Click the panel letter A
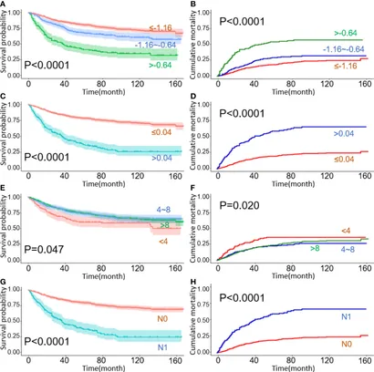5,5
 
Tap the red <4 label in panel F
345,231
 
